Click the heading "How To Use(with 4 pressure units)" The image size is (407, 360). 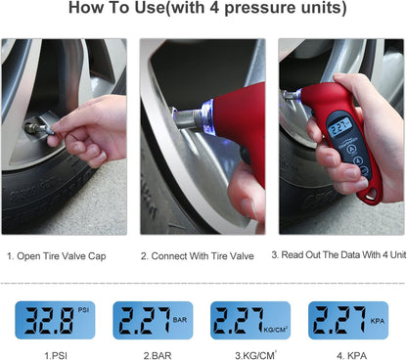pyautogui.click(x=203, y=9)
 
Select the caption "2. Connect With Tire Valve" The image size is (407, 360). pyautogui.click(x=199, y=255)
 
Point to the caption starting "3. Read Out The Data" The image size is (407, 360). pyautogui.click(x=338, y=255)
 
